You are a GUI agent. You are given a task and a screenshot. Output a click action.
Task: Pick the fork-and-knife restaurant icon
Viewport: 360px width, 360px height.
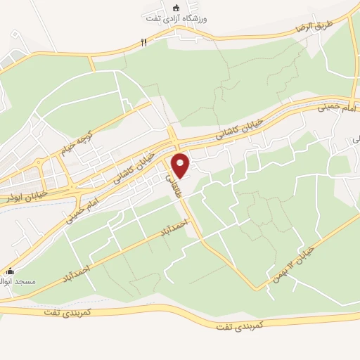pos(143,43)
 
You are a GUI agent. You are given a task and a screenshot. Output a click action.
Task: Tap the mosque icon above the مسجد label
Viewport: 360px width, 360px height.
pos(9,271)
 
